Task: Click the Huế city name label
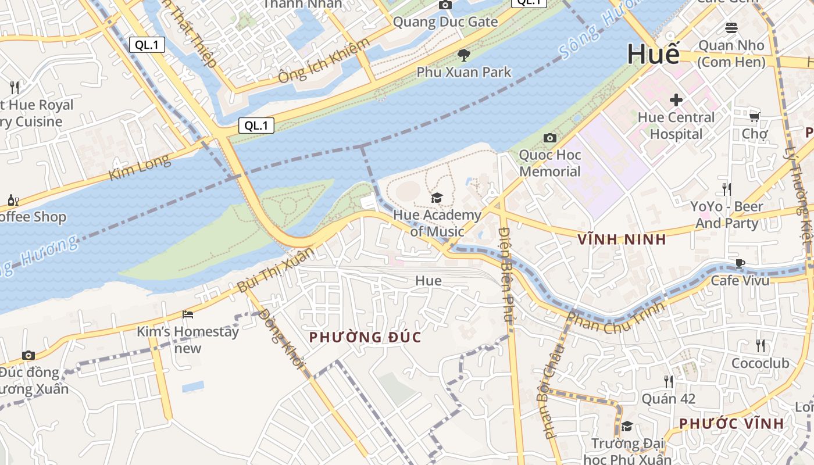[x=653, y=55]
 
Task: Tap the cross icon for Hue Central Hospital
[x=676, y=100]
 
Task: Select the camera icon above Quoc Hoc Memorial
[x=549, y=138]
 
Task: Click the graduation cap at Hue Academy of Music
[x=437, y=198]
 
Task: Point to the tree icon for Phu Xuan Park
[x=463, y=55]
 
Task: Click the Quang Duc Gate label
[x=445, y=22]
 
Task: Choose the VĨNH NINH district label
[x=622, y=239]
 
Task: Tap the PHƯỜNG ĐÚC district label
[x=365, y=337]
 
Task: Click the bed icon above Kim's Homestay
[x=188, y=314]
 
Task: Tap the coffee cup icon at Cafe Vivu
[x=740, y=263]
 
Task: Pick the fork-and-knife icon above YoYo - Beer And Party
[x=726, y=189]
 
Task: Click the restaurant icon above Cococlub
[x=761, y=346]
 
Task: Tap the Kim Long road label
[x=140, y=167]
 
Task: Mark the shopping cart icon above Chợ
[x=754, y=117]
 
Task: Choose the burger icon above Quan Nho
[x=731, y=28]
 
